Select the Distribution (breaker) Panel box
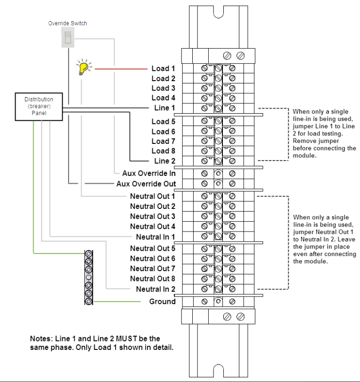tap(39, 106)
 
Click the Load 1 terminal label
tap(164, 69)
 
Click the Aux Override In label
tap(149, 174)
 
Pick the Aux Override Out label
tap(146, 183)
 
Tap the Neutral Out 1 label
tap(153, 196)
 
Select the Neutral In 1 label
tap(155, 236)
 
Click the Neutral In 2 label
tap(155, 289)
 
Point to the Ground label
tap(163, 301)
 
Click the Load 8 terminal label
tap(164, 151)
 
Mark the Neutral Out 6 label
tap(153, 258)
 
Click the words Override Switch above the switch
tap(67, 23)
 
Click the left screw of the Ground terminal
tap(205, 301)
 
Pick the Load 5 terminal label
tap(164, 122)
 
